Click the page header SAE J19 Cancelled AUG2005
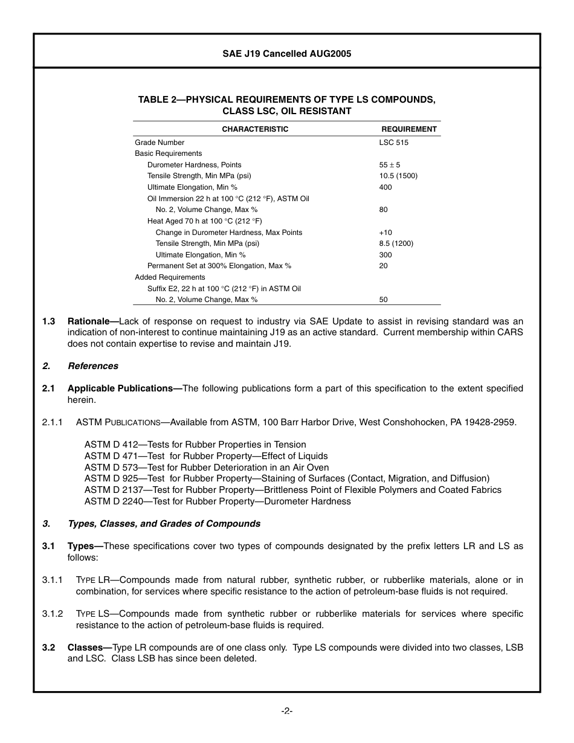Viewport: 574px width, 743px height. pyautogui.click(x=286, y=54)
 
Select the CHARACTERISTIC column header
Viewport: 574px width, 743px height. pyautogui.click(x=255, y=129)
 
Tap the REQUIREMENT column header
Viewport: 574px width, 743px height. pyautogui.click(x=408, y=129)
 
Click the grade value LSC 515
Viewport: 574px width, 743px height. pyautogui.click(x=393, y=143)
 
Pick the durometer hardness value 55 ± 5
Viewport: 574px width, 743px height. pyautogui.click(x=390, y=165)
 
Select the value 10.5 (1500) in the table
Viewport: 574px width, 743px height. pyautogui.click(x=398, y=176)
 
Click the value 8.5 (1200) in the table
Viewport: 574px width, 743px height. pyautogui.click(x=396, y=243)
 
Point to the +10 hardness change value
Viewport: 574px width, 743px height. pyautogui.click(x=385, y=233)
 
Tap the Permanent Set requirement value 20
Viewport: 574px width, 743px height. pyautogui.click(x=384, y=266)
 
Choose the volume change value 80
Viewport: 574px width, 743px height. pyautogui.click(x=384, y=210)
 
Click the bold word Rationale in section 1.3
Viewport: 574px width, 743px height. pyautogui.click(x=91, y=321)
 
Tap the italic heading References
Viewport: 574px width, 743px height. pyautogui.click(x=93, y=366)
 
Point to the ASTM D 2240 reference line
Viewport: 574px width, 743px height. pyautogui.click(x=218, y=501)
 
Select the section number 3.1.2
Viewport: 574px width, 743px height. pyautogui.click(x=53, y=614)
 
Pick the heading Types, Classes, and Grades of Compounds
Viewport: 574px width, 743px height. pyautogui.click(x=164, y=524)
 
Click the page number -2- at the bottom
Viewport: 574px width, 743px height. pyautogui.click(x=287, y=711)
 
